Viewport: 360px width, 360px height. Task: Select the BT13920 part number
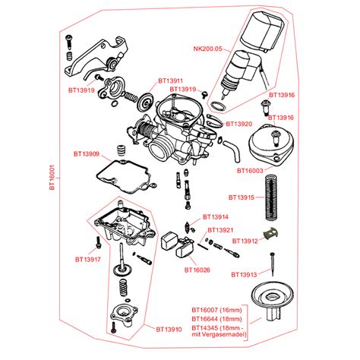click(238, 123)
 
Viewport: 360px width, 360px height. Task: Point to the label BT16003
click(251, 171)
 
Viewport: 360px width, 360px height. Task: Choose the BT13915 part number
click(248, 197)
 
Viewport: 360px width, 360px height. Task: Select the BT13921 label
click(220, 229)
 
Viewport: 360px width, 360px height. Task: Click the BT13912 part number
click(246, 241)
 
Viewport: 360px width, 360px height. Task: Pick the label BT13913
click(245, 273)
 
